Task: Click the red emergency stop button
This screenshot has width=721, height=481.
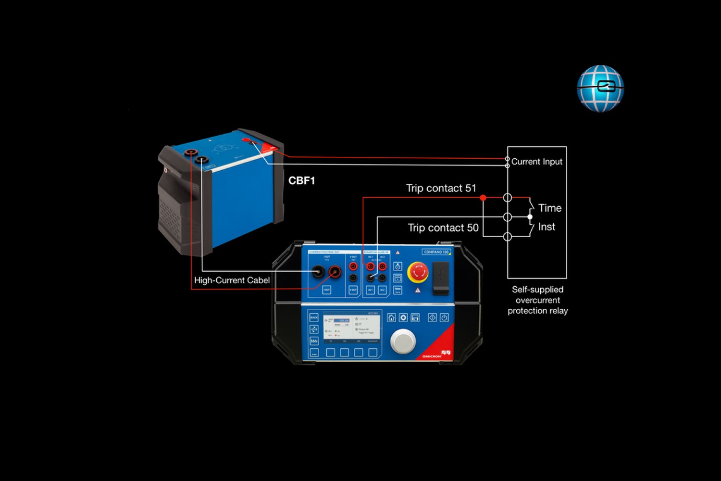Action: [x=418, y=272]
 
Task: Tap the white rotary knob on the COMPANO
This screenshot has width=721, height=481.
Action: [x=403, y=341]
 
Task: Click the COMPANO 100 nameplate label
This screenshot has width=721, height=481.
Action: [x=436, y=252]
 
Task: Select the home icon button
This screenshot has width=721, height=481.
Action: [x=391, y=317]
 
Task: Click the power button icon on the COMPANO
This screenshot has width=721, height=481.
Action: [x=444, y=317]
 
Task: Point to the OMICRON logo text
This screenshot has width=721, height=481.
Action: [x=432, y=356]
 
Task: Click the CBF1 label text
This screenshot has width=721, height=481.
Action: [x=301, y=180]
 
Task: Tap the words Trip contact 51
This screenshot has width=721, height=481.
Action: [x=441, y=188]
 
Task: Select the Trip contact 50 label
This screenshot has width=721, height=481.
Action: [x=443, y=228]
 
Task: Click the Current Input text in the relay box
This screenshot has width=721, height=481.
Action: [x=536, y=162]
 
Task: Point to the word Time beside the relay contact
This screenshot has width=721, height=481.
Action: [x=550, y=208]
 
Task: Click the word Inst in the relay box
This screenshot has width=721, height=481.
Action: [x=547, y=227]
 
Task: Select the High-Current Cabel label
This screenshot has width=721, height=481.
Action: [x=232, y=280]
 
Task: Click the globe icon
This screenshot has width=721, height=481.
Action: [x=600, y=89]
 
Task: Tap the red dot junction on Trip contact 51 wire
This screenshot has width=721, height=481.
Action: [x=483, y=198]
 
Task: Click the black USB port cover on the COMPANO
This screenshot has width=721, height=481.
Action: [x=441, y=278]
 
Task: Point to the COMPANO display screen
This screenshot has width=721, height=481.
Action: [x=351, y=327]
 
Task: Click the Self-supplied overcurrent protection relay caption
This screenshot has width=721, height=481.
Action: [x=537, y=300]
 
